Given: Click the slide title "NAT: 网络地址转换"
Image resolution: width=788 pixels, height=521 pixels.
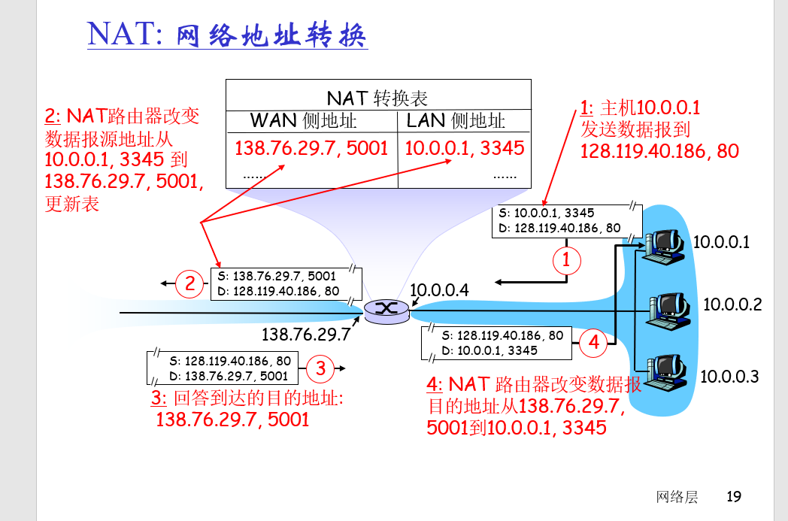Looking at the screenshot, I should (x=227, y=34).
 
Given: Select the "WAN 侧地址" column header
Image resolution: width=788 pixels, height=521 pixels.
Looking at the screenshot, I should (x=303, y=120).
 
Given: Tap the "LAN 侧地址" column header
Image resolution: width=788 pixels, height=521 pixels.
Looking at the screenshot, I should (x=456, y=120).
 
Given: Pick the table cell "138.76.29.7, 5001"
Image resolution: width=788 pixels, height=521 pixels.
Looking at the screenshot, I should (x=311, y=147).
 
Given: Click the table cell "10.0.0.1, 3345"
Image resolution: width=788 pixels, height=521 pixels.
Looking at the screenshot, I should (x=464, y=147).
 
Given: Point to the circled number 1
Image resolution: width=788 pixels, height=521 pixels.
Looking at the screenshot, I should (x=566, y=260).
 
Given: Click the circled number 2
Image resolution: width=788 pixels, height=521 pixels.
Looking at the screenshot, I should (x=190, y=283).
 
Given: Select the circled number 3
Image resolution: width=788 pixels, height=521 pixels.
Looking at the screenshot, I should (x=320, y=368).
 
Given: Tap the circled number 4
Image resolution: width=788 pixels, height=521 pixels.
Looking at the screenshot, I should (x=593, y=343).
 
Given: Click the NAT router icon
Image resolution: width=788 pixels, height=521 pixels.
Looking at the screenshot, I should (x=386, y=310).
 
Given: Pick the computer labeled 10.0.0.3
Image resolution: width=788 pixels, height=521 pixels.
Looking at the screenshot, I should (x=667, y=371).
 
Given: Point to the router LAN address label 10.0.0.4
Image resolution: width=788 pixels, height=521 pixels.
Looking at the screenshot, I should (x=439, y=290).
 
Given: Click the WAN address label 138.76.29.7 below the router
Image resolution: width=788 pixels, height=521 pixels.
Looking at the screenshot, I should (x=306, y=334).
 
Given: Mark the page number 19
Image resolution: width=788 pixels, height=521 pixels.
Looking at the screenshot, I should (x=733, y=496).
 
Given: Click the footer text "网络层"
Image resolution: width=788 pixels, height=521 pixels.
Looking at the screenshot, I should (x=677, y=496).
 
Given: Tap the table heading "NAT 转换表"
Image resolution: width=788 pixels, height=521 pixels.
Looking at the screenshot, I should (x=377, y=98).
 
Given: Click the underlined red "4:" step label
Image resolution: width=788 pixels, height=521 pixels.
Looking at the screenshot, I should (x=435, y=385).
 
